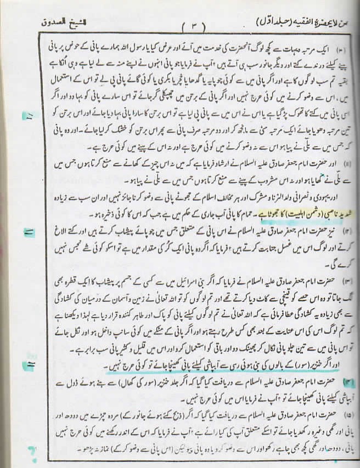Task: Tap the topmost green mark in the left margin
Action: (27, 116)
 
